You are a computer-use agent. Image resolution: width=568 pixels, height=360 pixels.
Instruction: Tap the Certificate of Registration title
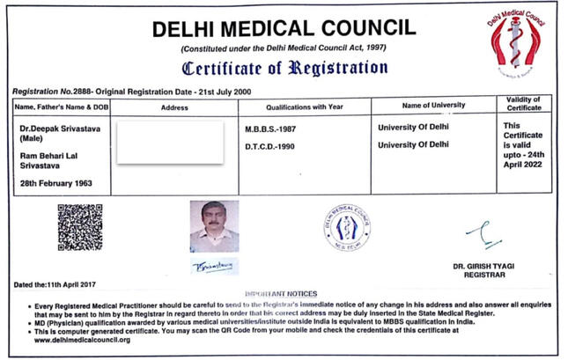click(x=284, y=67)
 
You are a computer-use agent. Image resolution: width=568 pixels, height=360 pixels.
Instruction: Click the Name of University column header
click(x=433, y=106)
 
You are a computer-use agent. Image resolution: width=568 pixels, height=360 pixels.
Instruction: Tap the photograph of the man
click(x=214, y=226)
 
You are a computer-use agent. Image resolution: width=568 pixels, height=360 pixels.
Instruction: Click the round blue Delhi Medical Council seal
click(x=346, y=224)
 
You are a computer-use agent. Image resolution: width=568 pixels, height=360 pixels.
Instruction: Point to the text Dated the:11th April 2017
click(x=55, y=284)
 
